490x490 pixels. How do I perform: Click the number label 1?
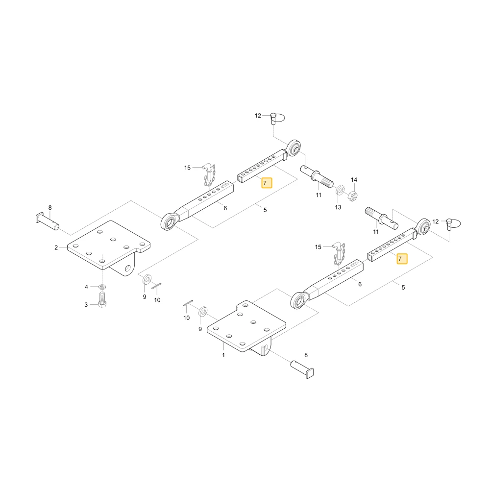(x=223, y=355)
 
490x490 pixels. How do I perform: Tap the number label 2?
(x=56, y=248)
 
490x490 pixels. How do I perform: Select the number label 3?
(x=86, y=305)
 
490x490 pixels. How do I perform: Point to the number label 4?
(x=86, y=287)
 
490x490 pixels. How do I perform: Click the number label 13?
(x=338, y=207)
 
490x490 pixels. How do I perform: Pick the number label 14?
(x=354, y=180)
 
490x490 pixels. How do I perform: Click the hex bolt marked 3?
(x=102, y=300)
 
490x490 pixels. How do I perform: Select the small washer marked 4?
(x=102, y=286)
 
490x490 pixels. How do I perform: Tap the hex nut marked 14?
(x=353, y=196)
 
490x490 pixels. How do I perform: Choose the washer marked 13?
(x=340, y=190)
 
